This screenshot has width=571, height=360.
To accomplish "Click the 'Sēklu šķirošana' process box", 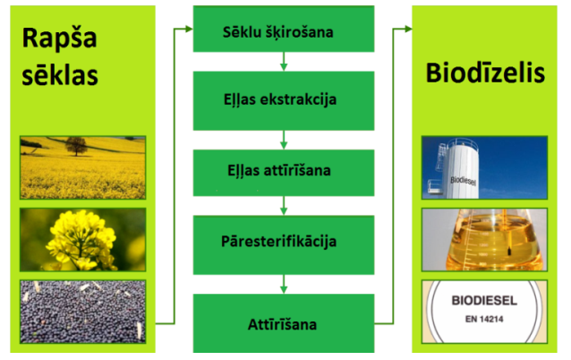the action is click(x=284, y=29).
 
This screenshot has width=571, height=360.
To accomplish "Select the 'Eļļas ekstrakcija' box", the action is click(x=284, y=100).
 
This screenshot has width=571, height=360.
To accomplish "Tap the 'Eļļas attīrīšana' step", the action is click(x=284, y=173).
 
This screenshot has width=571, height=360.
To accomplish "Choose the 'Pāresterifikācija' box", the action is click(x=284, y=244).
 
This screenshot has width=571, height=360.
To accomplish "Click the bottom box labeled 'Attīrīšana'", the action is click(x=284, y=323).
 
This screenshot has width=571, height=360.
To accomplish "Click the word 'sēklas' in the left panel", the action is click(x=60, y=74).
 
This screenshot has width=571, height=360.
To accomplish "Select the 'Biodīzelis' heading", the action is click(x=485, y=73).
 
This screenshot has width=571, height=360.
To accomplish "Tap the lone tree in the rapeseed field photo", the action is click(x=76, y=146).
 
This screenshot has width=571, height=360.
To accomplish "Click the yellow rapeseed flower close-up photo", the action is click(x=83, y=240).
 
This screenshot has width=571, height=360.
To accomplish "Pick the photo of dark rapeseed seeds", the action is click(x=83, y=312).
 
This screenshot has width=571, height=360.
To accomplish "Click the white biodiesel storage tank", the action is click(x=457, y=168).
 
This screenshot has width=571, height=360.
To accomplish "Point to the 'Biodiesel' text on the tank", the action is click(x=463, y=181).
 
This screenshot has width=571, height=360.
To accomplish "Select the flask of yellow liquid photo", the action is click(x=484, y=240).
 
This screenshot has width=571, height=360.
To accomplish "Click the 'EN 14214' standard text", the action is click(x=484, y=319).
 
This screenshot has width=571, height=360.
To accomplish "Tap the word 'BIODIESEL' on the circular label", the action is click(x=484, y=301).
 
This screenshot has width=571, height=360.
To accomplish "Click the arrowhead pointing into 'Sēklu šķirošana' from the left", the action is click(x=189, y=29).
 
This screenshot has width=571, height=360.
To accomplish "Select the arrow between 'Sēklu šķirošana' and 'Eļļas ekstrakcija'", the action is click(x=284, y=62).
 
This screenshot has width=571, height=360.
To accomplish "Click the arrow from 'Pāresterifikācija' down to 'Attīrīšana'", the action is click(x=284, y=284).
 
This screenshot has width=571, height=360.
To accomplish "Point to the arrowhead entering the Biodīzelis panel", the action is click(x=408, y=29).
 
